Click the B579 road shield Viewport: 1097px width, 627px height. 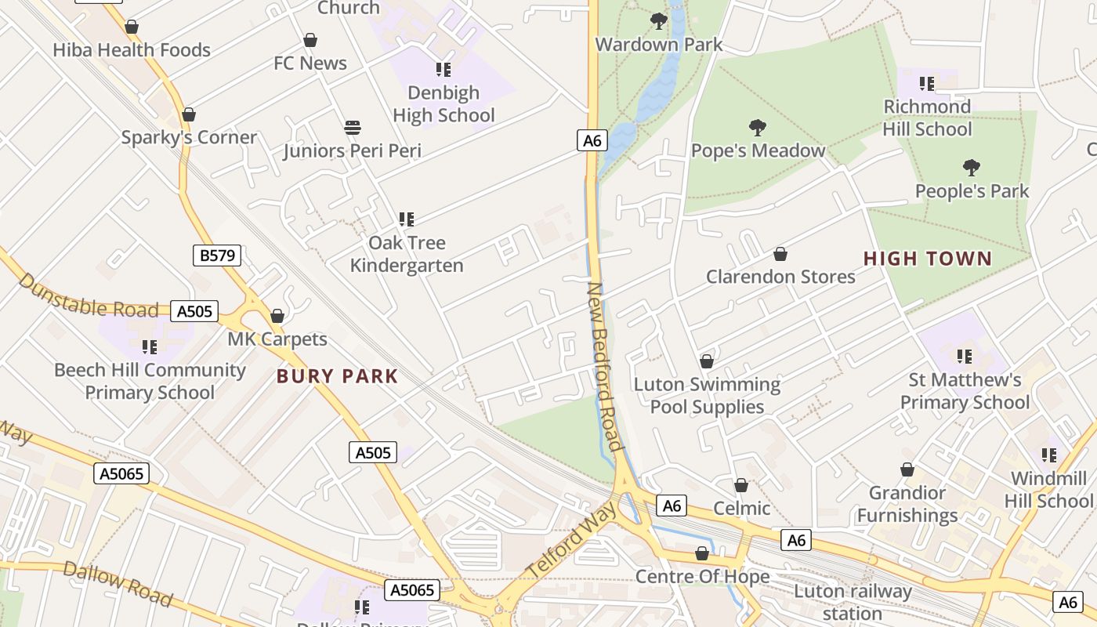217,255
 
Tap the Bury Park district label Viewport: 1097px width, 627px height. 338,376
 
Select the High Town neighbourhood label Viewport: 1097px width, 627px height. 928,259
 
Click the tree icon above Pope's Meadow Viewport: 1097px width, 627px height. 757,127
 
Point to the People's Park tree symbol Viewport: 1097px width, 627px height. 972,167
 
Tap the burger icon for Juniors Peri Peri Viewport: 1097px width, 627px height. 353,127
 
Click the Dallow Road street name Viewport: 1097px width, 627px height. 118,584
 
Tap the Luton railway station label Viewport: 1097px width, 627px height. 853,602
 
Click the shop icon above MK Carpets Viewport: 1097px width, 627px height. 277,316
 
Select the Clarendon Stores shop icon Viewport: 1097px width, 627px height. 780,254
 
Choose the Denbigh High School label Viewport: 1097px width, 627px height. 444,103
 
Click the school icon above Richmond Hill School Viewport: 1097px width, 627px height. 927,83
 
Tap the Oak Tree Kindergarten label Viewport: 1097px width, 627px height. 407,254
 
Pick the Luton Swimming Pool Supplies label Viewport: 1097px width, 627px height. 707,395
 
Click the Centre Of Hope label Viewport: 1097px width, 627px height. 702,577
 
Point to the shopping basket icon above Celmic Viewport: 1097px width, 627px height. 741,485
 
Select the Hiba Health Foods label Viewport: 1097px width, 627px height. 132,50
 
